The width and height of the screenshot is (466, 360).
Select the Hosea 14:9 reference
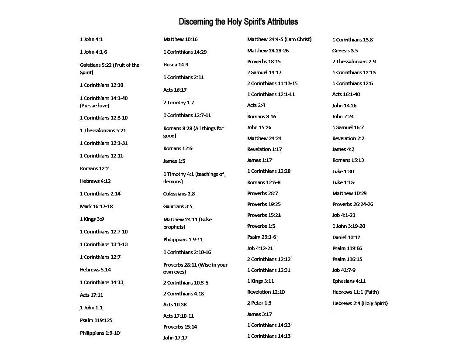tap(176, 65)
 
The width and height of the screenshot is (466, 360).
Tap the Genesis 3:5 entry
tap(345, 51)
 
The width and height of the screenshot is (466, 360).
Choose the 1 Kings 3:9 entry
tap(92, 219)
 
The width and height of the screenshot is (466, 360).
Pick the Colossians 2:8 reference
tap(179, 194)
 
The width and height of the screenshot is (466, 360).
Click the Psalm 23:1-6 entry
tap(261, 237)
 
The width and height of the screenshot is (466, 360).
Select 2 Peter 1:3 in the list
tap(259, 303)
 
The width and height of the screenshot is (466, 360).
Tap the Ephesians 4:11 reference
tap(349, 281)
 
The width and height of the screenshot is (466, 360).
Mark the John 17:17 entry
tap(175, 338)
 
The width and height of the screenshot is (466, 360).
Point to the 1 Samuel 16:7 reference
tap(348, 127)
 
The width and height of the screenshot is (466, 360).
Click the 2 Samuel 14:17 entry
tap(264, 72)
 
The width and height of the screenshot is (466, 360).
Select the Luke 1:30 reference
tap(343, 171)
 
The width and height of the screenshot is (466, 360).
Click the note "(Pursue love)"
tap(94, 106)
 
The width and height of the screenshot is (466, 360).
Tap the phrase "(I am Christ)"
tap(298, 39)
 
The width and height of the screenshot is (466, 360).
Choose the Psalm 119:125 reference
tap(96, 320)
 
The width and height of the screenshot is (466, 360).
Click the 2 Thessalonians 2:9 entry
tap(354, 62)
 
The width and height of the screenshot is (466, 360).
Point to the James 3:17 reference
tap(259, 314)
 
